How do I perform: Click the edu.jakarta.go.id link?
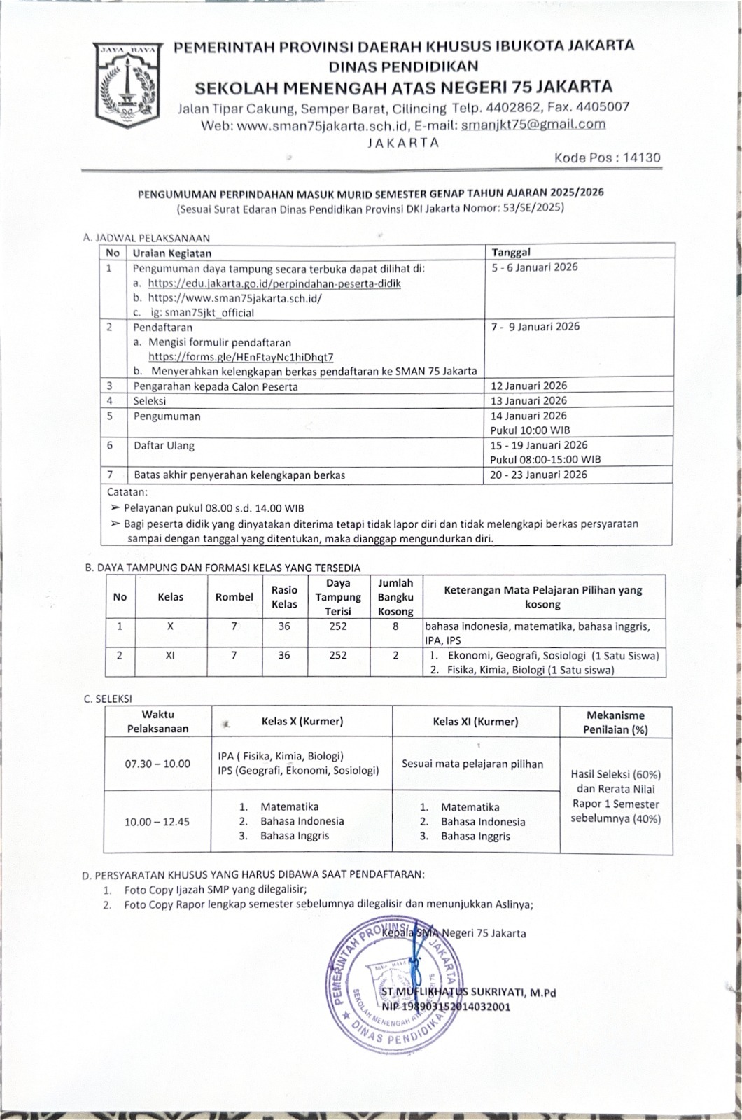point(274,283)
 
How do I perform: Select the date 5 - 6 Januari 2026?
point(534,267)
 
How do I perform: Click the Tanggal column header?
point(510,252)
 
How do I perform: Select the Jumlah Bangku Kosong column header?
point(395,597)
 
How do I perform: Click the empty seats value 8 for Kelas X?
point(395,626)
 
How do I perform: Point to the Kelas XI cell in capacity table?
point(170,656)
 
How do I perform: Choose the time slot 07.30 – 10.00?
point(157,764)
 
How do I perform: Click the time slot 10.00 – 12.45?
point(157,822)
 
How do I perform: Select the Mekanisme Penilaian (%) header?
point(615,722)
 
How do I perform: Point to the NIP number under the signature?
point(446,1007)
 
